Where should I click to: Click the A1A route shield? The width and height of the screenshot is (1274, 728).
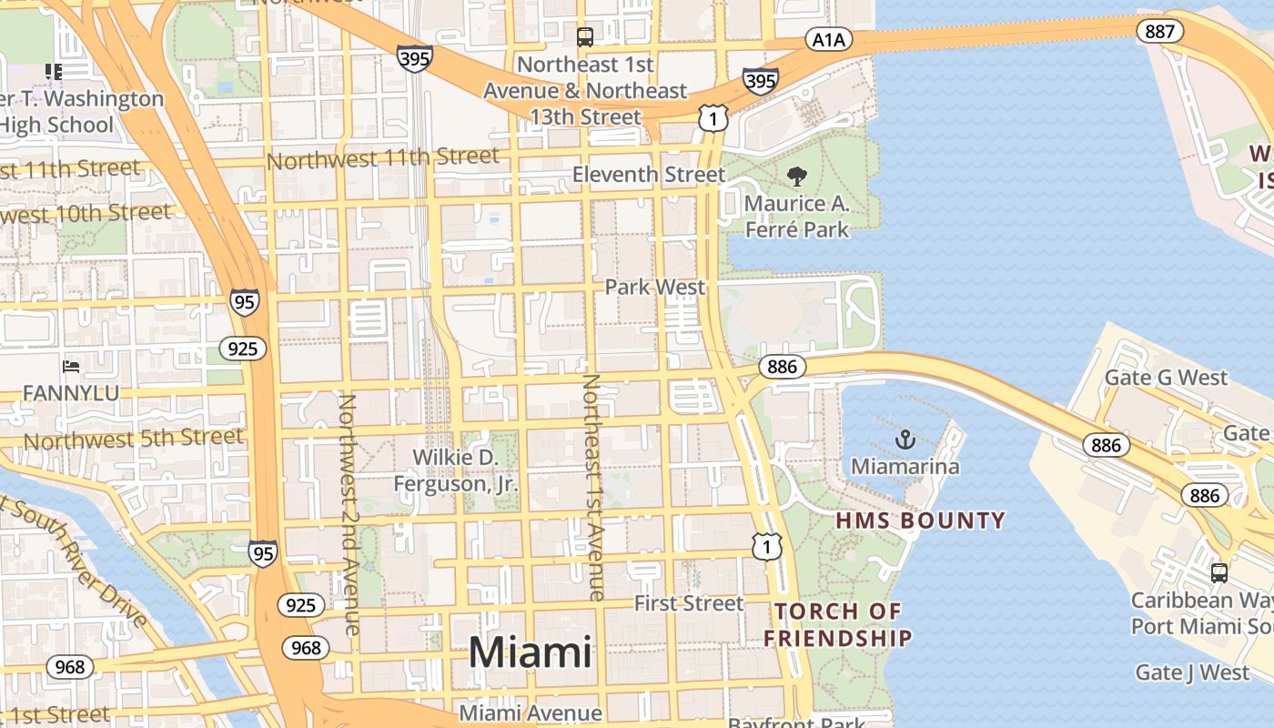[828, 40]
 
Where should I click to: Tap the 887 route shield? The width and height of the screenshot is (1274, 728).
[1159, 31]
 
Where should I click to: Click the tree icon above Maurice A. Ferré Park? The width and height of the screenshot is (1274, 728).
[797, 176]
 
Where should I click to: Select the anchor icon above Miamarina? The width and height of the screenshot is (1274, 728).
[905, 440]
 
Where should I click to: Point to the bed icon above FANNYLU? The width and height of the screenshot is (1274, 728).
[71, 367]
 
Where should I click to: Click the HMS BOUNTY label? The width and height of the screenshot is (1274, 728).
[920, 521]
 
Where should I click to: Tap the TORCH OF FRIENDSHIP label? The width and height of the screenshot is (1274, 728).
[837, 624]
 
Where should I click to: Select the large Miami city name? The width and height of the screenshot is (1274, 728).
[530, 653]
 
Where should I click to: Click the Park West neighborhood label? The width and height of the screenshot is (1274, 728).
[655, 288]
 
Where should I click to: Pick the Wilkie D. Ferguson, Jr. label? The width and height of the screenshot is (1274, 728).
[456, 470]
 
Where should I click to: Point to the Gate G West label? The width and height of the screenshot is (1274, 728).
[1166, 378]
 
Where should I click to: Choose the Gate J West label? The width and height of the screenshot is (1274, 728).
[1192, 673]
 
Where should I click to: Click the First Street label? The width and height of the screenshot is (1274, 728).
[689, 603]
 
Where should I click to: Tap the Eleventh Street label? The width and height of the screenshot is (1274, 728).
[649, 174]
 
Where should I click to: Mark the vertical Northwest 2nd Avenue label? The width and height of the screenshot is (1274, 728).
[349, 514]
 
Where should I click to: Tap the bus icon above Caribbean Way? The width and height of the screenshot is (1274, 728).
[1218, 573]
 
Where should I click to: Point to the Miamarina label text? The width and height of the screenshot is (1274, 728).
[905, 467]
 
